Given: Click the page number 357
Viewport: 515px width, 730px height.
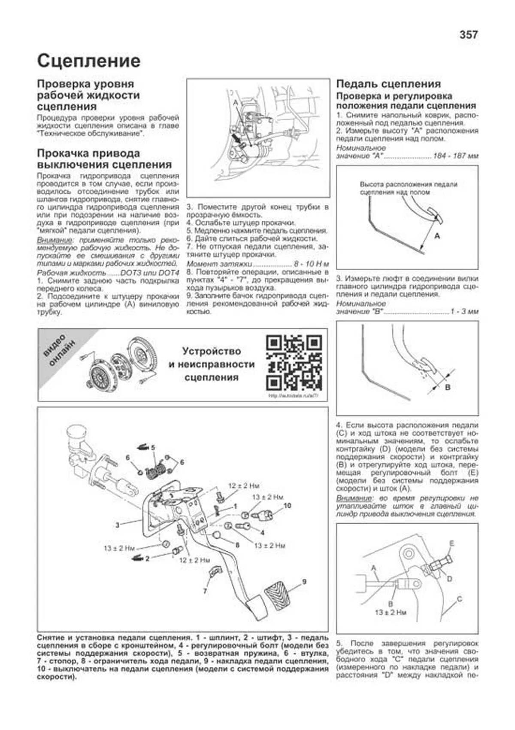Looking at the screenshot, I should [x=468, y=35].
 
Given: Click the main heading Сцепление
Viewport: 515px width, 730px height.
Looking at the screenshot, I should [x=88, y=61].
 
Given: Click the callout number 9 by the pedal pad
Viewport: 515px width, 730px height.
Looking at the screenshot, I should [x=304, y=582].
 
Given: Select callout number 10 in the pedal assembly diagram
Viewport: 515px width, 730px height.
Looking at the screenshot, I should [x=287, y=505].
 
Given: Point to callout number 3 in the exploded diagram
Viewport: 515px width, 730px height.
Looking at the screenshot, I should [x=117, y=525].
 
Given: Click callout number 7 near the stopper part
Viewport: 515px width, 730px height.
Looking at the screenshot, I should [x=205, y=591].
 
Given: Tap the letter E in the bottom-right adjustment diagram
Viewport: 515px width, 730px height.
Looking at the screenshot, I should [x=451, y=543].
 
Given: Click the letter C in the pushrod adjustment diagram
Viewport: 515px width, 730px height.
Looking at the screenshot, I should [x=459, y=599].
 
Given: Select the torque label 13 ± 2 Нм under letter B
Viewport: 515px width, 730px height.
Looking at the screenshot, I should [x=390, y=612].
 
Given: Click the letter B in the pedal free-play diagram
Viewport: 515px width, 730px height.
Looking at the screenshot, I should [x=447, y=387].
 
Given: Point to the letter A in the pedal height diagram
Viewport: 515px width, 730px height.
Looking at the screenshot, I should [x=437, y=235].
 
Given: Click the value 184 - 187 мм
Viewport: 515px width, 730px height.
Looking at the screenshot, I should [x=455, y=156].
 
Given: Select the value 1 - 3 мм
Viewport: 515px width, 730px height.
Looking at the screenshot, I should [x=464, y=311].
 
